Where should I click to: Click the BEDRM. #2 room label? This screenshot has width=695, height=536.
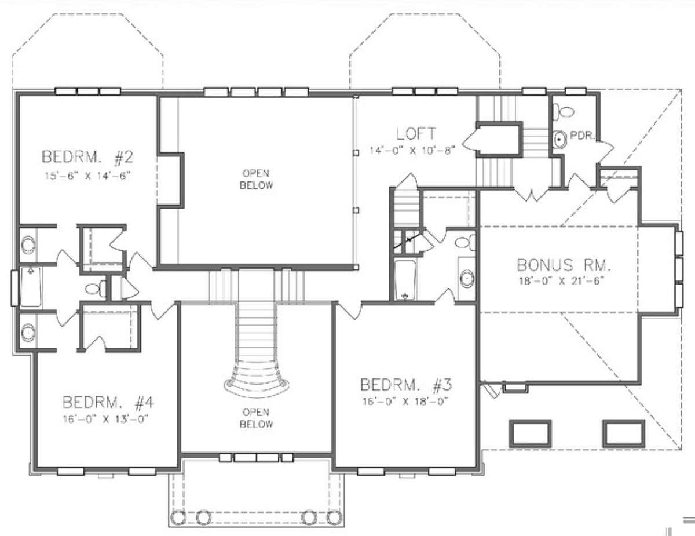pos(87,158)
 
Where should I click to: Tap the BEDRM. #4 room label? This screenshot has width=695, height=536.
pos(108,402)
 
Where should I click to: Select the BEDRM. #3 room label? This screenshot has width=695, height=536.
pos(406,385)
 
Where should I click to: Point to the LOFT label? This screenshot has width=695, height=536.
pos(416,134)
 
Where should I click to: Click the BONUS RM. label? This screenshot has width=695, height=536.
pos(564,265)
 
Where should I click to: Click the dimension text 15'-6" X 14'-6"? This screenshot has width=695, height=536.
pos(88,176)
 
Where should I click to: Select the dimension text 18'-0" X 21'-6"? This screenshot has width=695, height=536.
pos(561,281)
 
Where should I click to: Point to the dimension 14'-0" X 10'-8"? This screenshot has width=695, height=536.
pos(412,150)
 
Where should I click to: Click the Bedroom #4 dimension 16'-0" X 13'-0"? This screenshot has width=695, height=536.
pos(106,419)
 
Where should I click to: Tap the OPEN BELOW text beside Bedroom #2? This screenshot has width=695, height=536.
pos(256,179)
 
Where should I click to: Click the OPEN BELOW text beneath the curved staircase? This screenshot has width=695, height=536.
pos(256,418)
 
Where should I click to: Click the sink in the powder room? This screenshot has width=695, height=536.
pos(559,140)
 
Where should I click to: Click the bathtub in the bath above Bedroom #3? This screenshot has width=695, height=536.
pos(405,280)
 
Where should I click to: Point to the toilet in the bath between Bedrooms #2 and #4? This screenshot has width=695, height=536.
pos(96,289)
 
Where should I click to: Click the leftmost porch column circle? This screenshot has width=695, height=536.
pos(178,517)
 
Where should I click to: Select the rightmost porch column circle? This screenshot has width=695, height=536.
pos(334,517)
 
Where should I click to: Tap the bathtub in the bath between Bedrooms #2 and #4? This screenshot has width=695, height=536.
pos(31,287)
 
